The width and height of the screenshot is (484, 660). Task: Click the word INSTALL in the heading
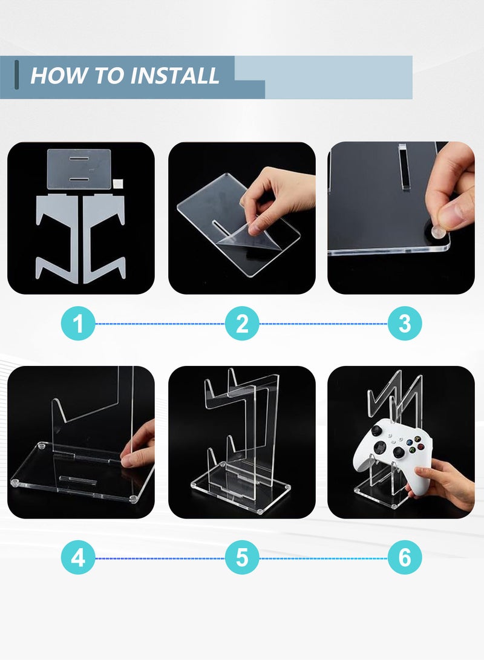175,76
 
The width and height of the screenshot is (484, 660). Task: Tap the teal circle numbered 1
78,324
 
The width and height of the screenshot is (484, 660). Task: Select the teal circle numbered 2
242,324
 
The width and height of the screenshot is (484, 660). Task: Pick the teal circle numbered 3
404,324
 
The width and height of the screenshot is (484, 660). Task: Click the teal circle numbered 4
78,558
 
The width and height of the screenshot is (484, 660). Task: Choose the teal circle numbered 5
242,558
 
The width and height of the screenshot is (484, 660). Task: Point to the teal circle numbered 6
404,558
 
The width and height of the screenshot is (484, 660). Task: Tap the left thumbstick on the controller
376,431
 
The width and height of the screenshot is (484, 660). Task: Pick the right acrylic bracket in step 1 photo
104,236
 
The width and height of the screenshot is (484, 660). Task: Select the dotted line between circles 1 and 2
160,324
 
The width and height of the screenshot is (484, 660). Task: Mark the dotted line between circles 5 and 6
323,558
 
